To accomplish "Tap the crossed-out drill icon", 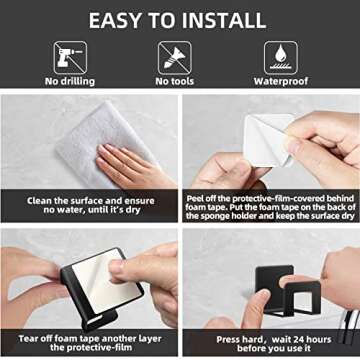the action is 70,58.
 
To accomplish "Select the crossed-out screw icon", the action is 175,58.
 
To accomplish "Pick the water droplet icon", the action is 281,58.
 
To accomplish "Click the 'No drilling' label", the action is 70,81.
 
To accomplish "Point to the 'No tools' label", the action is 175,81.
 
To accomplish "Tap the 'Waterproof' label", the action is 281,82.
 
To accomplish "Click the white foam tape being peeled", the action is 267,140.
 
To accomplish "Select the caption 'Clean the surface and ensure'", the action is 91,201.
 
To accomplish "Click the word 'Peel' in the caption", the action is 194,199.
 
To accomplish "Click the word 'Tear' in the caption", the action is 27,339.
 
